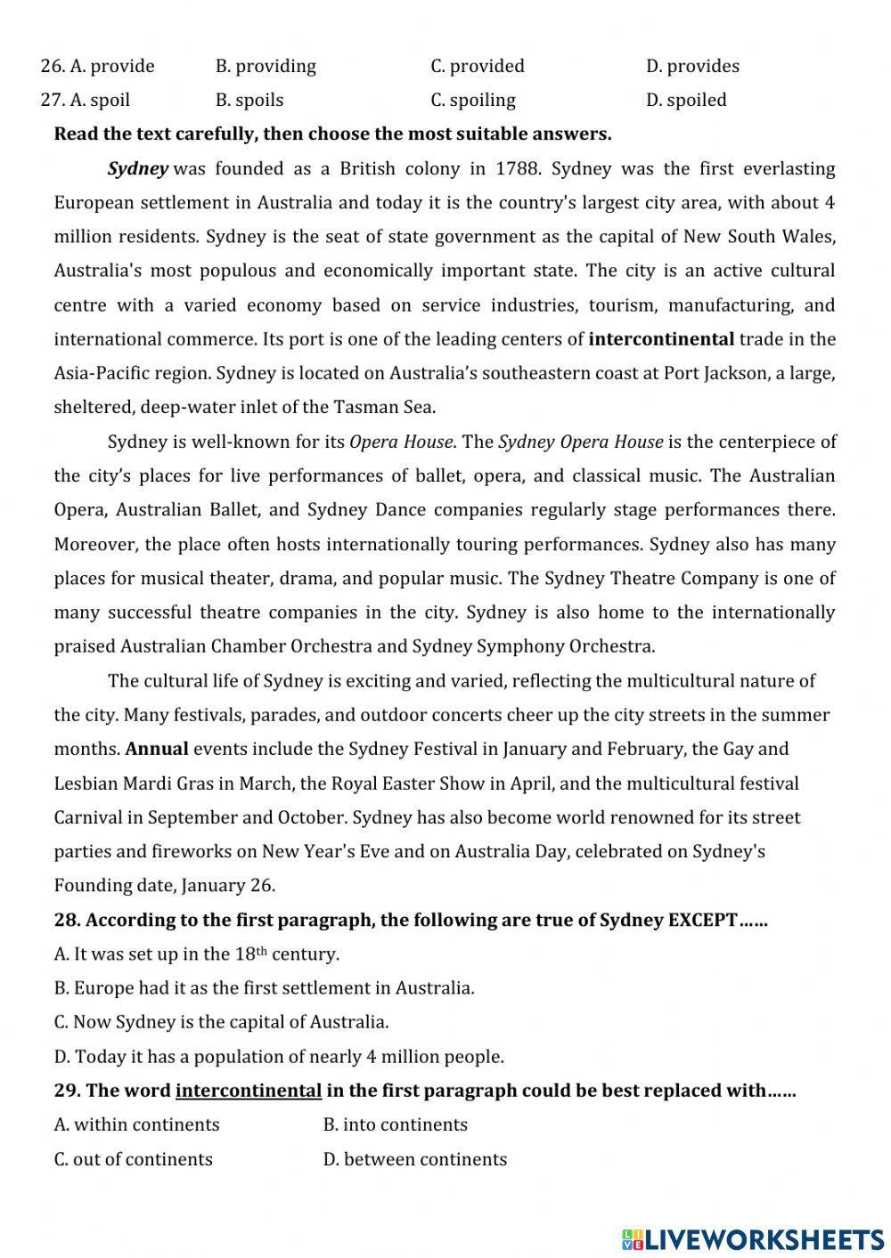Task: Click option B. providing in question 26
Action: (x=266, y=66)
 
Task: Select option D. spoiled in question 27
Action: (x=686, y=100)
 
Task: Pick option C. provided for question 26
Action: (x=478, y=66)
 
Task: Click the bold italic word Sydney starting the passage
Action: (x=137, y=168)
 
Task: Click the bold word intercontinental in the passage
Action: (x=661, y=338)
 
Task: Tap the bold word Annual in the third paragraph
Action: (x=157, y=749)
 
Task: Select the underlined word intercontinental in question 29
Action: (x=248, y=1091)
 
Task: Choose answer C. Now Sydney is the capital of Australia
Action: (x=221, y=1022)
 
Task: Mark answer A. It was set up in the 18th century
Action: (x=196, y=954)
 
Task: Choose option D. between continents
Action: (x=414, y=1159)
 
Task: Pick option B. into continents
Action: (x=395, y=1124)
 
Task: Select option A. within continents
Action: (x=136, y=1124)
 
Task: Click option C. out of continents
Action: (x=133, y=1159)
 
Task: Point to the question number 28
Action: (x=67, y=920)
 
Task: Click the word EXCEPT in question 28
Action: (x=702, y=920)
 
